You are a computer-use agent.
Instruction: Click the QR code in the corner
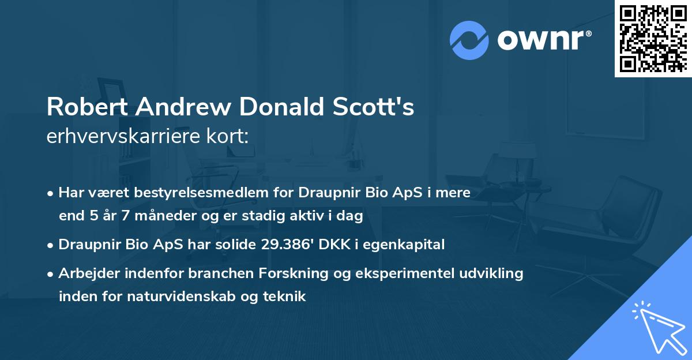pyautogui.click(x=653, y=39)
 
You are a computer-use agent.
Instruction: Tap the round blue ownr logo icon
pyautogui.click(x=469, y=40)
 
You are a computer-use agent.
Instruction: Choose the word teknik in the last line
pyautogui.click(x=285, y=297)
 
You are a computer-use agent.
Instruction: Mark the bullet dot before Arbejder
pyautogui.click(x=51, y=274)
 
